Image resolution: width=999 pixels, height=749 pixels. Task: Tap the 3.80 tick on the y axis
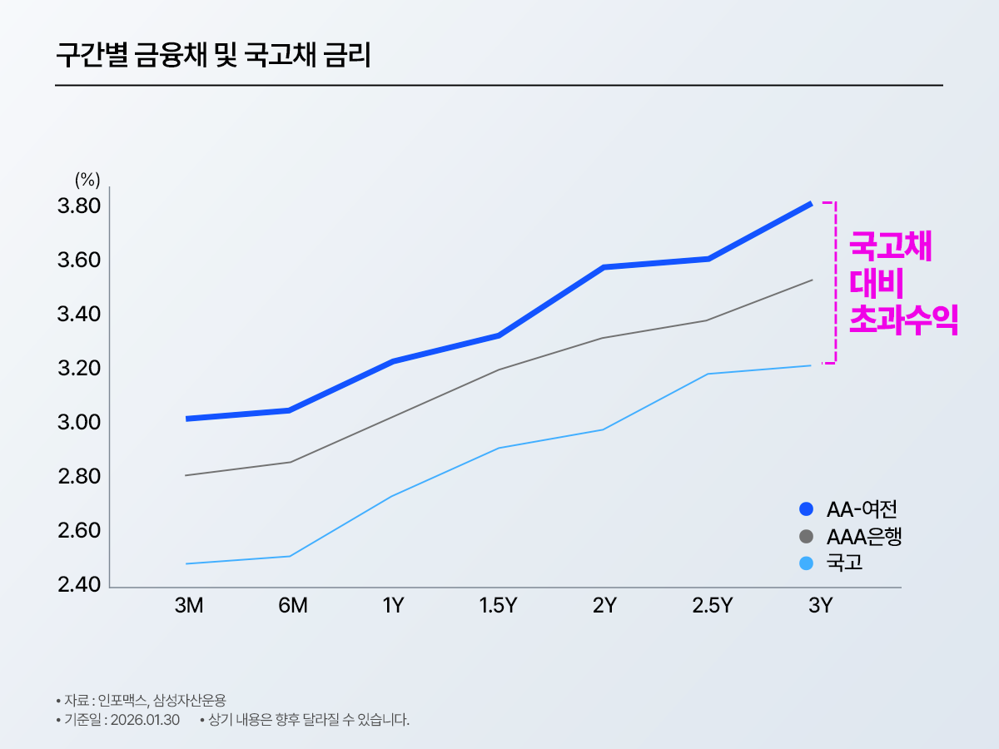pyautogui.click(x=79, y=206)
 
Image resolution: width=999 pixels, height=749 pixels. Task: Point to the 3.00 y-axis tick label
pyautogui.click(x=79, y=423)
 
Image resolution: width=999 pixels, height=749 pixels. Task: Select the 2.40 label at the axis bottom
pyautogui.click(x=79, y=585)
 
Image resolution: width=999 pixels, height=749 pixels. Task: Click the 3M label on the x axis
pyautogui.click(x=189, y=606)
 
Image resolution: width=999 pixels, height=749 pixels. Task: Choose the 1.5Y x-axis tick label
pyautogui.click(x=498, y=606)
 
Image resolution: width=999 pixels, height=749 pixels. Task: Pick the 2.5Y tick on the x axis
pyautogui.click(x=712, y=606)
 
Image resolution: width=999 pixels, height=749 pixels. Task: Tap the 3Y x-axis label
pyautogui.click(x=820, y=606)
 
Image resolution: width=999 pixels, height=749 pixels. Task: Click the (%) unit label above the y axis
pyautogui.click(x=87, y=179)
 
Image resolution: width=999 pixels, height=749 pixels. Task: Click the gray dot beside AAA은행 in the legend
pyautogui.click(x=806, y=536)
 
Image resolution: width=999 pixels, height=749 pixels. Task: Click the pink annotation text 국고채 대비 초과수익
pyautogui.click(x=902, y=284)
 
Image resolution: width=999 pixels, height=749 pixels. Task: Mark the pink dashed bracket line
pyautogui.click(x=835, y=283)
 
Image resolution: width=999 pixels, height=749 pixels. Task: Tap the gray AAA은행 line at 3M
pyautogui.click(x=186, y=475)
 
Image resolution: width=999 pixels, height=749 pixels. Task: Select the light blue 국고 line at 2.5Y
pyautogui.click(x=708, y=374)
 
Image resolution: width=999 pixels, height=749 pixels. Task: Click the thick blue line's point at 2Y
pyautogui.click(x=602, y=267)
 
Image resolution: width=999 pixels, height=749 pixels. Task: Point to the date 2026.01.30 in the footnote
pyautogui.click(x=145, y=720)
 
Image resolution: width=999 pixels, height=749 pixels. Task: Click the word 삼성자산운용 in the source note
pyautogui.click(x=190, y=699)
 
